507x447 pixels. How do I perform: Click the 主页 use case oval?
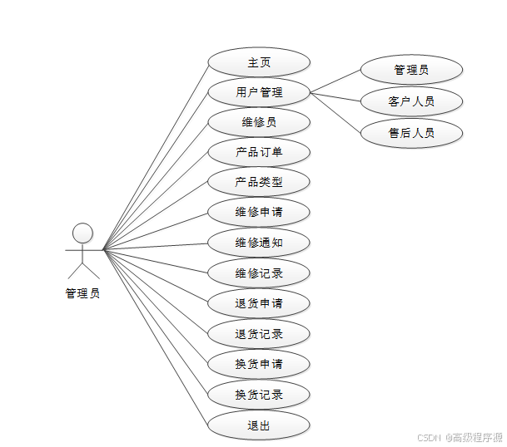259,62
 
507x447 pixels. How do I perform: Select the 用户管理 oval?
259,92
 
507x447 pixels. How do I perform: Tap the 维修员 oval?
259,122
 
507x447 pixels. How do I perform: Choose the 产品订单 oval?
259,152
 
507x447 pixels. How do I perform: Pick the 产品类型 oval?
259,182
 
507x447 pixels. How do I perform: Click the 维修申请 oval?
259,212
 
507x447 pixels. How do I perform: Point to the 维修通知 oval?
259,243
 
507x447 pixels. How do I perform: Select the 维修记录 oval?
259,273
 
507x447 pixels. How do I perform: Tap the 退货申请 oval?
259,303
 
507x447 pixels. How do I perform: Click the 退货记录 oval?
259,334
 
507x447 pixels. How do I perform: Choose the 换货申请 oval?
259,364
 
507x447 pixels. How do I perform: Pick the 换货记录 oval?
259,395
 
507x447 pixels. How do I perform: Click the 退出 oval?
259,425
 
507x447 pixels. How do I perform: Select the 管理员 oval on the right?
411,70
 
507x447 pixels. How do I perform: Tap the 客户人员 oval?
411,101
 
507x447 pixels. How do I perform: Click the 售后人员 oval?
411,132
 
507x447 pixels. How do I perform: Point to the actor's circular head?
82,233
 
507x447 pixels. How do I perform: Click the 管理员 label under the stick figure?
82,293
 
